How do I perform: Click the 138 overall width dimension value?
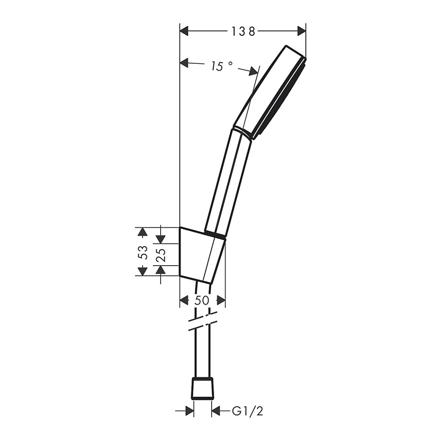(x=244, y=31)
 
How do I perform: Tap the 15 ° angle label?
(x=222, y=66)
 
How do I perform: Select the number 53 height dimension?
(x=143, y=251)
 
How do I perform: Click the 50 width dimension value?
(x=202, y=301)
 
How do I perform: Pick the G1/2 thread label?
(x=248, y=411)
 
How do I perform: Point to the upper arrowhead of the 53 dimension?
(x=142, y=232)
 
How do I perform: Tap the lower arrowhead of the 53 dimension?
(x=142, y=271)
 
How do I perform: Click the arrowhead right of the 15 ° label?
(x=253, y=72)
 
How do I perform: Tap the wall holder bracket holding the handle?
(x=201, y=255)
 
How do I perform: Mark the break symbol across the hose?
(x=203, y=322)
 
